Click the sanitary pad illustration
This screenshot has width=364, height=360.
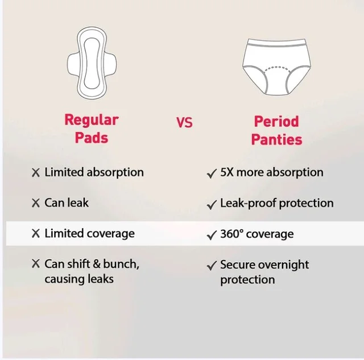pyautogui.click(x=92, y=63)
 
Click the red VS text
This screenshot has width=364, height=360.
pyautogui.click(x=184, y=122)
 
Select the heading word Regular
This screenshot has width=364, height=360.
pyautogui.click(x=92, y=120)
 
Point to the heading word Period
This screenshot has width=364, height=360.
pyautogui.click(x=276, y=121)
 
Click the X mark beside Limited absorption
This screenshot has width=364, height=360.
pyautogui.click(x=36, y=173)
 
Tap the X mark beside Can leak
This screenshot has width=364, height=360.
pyautogui.click(x=36, y=203)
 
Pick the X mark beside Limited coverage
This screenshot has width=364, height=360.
pyautogui.click(x=36, y=234)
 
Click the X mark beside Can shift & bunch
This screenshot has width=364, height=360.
pyautogui.click(x=36, y=264)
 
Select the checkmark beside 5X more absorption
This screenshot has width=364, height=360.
pyautogui.click(x=212, y=173)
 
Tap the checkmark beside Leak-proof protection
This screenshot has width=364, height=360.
pyautogui.click(x=212, y=205)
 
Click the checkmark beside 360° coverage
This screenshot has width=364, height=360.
pyautogui.click(x=212, y=235)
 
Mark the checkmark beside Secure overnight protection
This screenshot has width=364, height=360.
pyautogui.click(x=212, y=266)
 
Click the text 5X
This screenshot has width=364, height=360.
pyautogui.click(x=227, y=172)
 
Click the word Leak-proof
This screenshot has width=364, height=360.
pyautogui.click(x=248, y=204)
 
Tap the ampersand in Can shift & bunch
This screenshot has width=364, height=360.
pyautogui.click(x=97, y=264)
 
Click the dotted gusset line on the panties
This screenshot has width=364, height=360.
pyautogui.click(x=277, y=68)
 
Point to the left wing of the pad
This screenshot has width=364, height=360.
pyautogui.click(x=73, y=63)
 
